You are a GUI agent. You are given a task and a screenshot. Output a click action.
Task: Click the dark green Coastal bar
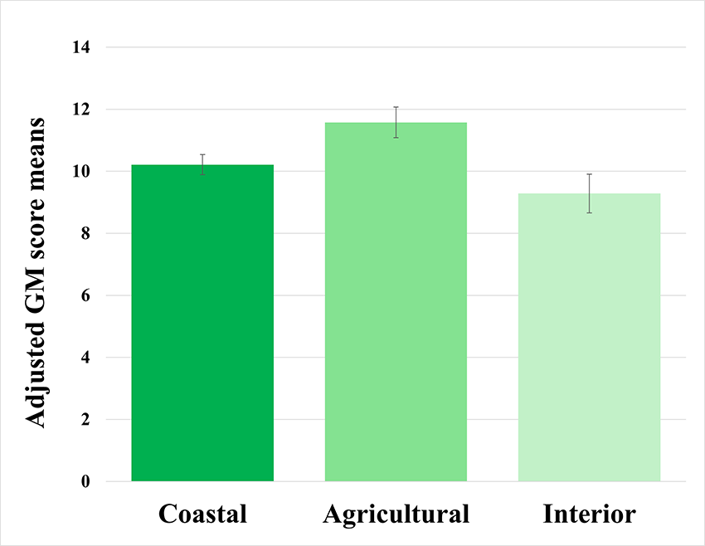coord(202,324)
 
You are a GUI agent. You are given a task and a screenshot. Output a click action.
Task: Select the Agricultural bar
coord(396,302)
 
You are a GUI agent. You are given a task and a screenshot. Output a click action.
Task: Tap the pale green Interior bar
coord(589,338)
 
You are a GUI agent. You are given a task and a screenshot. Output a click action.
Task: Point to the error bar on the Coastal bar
coord(202,164)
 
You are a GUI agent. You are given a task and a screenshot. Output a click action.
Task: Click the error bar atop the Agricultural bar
coord(396,122)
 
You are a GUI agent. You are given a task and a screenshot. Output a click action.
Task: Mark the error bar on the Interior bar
coord(589,193)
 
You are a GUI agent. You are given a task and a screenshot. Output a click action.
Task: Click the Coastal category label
coord(202,514)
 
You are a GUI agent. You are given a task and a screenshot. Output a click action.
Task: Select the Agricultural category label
coord(396,514)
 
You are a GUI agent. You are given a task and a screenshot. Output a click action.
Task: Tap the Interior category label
coord(589,514)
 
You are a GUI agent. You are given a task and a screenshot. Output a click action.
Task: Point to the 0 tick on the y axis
coord(86,482)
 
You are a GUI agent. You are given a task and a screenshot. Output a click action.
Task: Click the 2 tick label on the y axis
coord(86,420)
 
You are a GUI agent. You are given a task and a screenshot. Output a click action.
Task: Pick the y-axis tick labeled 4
coord(86,358)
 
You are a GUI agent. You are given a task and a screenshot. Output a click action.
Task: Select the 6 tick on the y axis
coord(86,295)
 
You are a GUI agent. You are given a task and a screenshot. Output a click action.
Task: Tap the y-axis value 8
coord(86,234)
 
